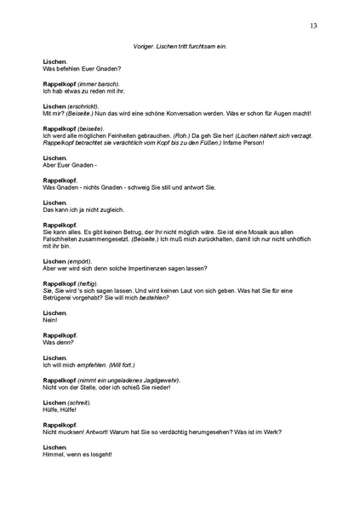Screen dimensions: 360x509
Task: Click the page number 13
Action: click(x=314, y=26)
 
